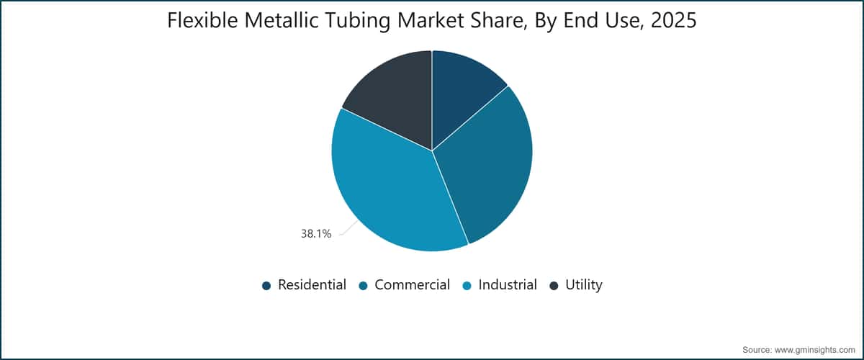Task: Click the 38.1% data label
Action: [316, 234]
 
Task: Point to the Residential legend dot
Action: [266, 286]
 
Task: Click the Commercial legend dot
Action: [363, 286]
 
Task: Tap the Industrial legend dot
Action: [467, 286]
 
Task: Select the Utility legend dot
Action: [554, 286]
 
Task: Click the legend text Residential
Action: [312, 284]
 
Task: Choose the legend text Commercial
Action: [413, 284]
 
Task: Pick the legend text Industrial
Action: [508, 284]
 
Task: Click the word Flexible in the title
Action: [202, 20]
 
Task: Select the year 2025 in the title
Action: [673, 20]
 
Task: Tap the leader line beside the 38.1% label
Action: [348, 228]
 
